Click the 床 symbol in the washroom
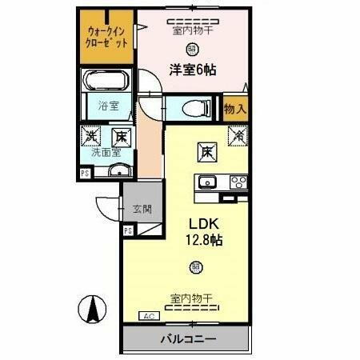tap(119, 137)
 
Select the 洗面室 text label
tap(104, 150)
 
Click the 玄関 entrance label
tap(142, 210)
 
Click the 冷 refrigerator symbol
tap(236, 136)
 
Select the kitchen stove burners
tap(238, 181)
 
